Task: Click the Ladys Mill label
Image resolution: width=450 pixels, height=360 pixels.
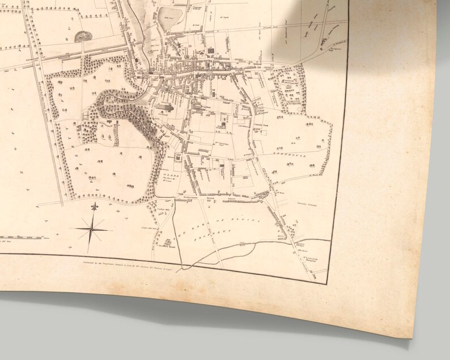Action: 160,211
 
